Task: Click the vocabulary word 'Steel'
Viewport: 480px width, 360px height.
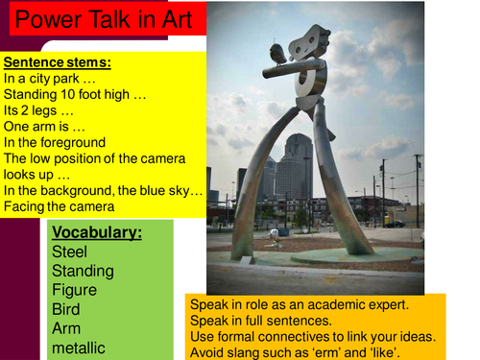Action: tap(70, 252)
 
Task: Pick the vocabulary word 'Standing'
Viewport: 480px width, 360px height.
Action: tap(84, 272)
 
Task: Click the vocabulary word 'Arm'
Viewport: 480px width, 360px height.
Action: tap(66, 329)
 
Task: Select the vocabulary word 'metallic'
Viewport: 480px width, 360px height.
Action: tap(80, 348)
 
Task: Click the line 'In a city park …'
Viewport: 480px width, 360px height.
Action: tap(51, 79)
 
